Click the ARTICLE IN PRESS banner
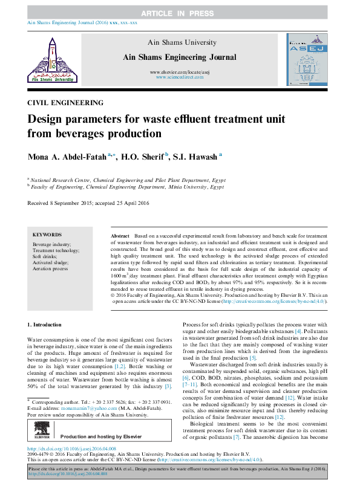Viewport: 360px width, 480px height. coord(180,13)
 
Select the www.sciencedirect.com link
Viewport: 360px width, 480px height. coord(179,77)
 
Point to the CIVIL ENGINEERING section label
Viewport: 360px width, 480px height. coord(65,102)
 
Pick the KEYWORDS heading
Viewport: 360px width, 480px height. coord(47,235)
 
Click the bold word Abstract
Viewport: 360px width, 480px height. coord(120,235)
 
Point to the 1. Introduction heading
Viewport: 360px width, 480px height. coord(45,325)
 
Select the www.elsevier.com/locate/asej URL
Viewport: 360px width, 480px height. coord(179,72)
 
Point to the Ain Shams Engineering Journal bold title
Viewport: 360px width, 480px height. coord(179,57)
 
